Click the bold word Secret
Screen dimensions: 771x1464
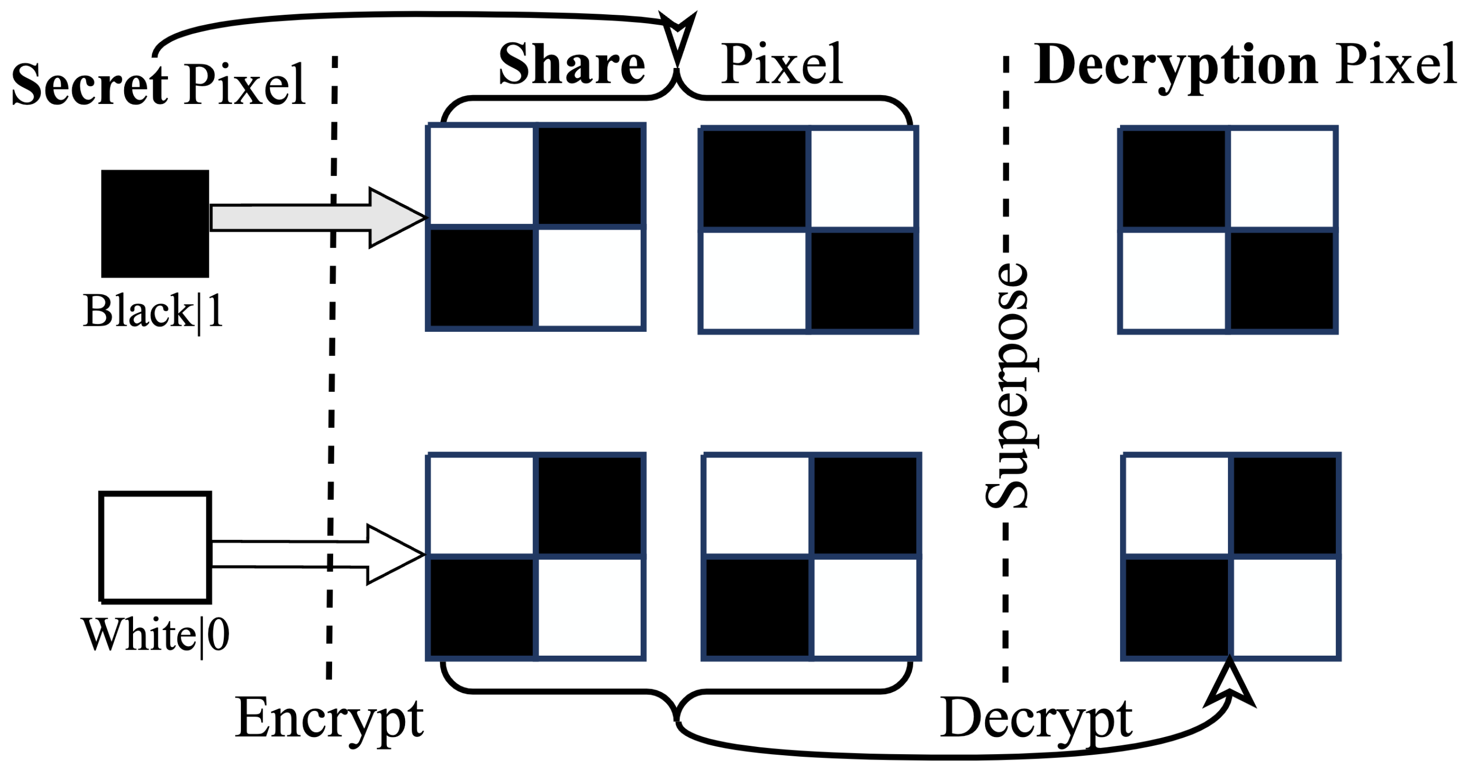pyautogui.click(x=89, y=85)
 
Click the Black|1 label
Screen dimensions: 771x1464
pyautogui.click(x=152, y=312)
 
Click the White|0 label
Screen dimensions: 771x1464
pyautogui.click(x=155, y=635)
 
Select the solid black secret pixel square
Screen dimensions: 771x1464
pyautogui.click(x=155, y=223)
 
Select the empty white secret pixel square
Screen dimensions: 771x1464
pyautogui.click(x=155, y=547)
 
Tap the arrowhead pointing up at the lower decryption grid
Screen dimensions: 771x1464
pyautogui.click(x=1230, y=686)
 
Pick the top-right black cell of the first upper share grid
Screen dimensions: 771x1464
pyautogui.click(x=589, y=175)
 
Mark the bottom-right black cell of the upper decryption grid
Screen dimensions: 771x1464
pyautogui.click(x=1282, y=281)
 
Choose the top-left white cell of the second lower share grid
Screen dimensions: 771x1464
pyautogui.click(x=757, y=505)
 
